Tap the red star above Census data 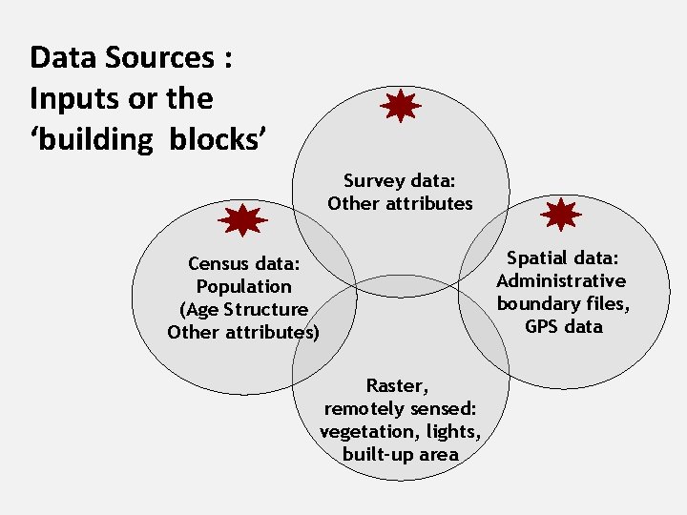[x=242, y=220]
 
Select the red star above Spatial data [x=560, y=216]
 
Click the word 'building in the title [x=92, y=139]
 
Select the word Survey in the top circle [x=373, y=180]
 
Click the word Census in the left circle [x=222, y=263]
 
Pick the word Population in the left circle [x=243, y=286]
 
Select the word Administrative [x=561, y=280]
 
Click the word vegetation [x=364, y=431]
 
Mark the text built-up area [x=401, y=454]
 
